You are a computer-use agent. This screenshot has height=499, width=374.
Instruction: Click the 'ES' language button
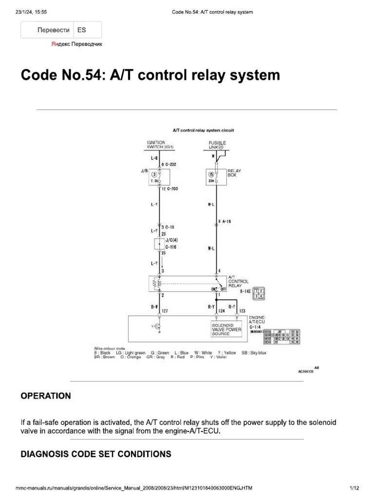(x=81, y=30)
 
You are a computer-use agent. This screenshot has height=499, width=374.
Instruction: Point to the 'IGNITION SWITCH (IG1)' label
(x=160, y=145)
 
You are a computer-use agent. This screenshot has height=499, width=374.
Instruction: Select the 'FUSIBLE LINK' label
(x=217, y=145)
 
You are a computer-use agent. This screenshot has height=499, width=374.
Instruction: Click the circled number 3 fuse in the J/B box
(x=154, y=174)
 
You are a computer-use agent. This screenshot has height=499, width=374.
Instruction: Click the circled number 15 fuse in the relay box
(x=211, y=174)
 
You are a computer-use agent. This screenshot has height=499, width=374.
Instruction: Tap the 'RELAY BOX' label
(x=236, y=173)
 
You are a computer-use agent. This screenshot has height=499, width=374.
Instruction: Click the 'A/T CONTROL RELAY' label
(x=239, y=282)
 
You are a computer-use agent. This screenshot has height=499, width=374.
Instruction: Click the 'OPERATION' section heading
(x=45, y=396)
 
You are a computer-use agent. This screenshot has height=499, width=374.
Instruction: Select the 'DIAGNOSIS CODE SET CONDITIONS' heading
(x=95, y=454)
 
